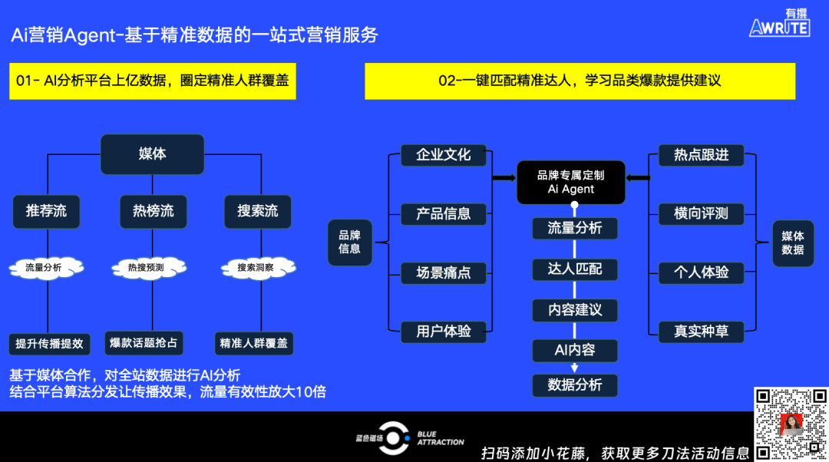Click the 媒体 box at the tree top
pos(152,153)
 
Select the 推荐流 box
pos(47,212)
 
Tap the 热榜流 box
pos(154,212)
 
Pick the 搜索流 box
pos(258,212)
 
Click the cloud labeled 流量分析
pos(46,268)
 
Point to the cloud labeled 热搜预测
pos(149,268)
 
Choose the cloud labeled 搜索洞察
pos(258,268)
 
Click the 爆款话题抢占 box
pos(144,343)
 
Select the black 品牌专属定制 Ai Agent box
pos(571,183)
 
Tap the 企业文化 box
pos(444,155)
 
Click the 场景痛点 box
pos(444,272)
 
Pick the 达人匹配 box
pos(575,269)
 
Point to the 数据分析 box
pos(575,384)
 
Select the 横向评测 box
pos(701,213)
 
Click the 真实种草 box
pos(701,332)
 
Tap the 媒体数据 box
pos(793,243)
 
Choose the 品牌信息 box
pos(349,242)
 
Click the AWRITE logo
pos(780,23)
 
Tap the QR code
pos(791,424)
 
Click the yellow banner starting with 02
pos(580,81)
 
